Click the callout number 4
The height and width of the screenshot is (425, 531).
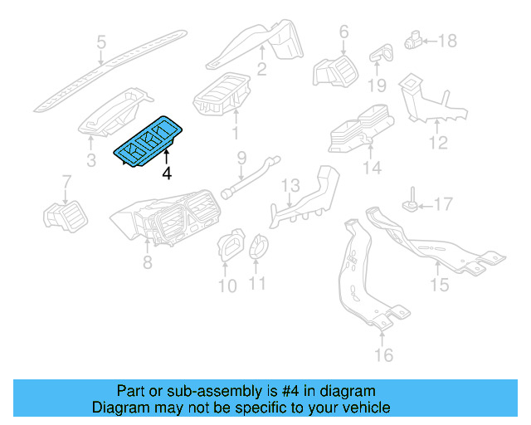167,173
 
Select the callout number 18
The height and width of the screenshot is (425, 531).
447,40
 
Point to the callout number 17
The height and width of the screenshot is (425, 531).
444,203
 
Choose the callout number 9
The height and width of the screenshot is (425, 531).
241,157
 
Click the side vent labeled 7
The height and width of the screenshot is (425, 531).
63,216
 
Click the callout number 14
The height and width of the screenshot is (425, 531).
372,168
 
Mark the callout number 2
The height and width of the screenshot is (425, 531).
261,70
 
